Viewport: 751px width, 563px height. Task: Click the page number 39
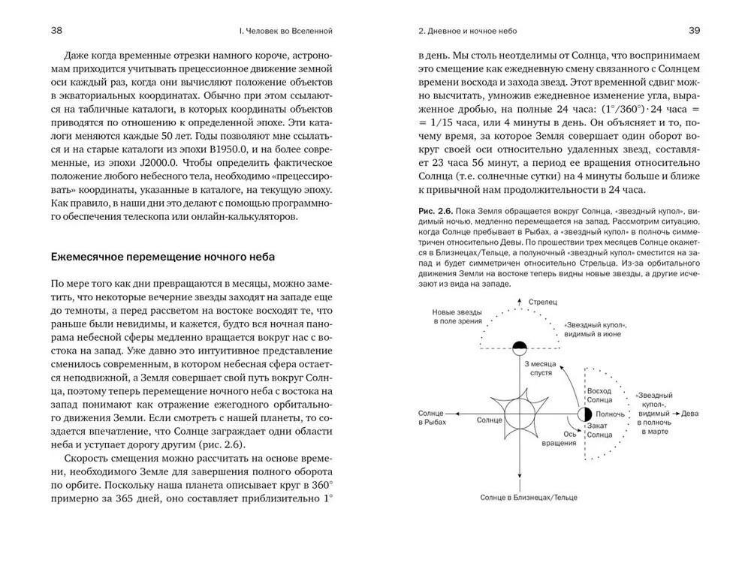click(x=694, y=31)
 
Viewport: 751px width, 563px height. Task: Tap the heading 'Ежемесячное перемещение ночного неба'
click(x=162, y=257)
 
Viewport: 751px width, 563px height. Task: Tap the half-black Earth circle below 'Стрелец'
click(x=519, y=347)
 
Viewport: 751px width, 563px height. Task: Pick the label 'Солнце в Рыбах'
click(x=437, y=417)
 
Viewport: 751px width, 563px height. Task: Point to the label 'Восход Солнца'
click(x=599, y=396)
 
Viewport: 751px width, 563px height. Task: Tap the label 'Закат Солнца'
click(x=599, y=431)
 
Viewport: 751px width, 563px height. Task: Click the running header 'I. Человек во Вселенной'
click(x=284, y=32)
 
